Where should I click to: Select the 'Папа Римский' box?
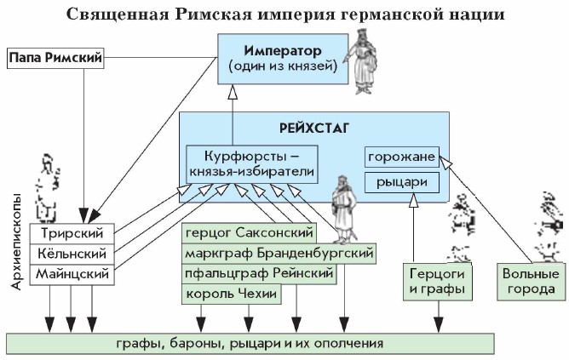tap(55, 59)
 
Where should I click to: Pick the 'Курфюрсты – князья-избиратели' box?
tap(251, 163)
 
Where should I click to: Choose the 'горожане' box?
tap(402, 157)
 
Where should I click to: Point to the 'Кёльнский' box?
tap(72, 254)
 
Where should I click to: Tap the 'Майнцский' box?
tap(72, 275)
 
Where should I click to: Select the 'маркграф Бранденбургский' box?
tap(278, 253)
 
